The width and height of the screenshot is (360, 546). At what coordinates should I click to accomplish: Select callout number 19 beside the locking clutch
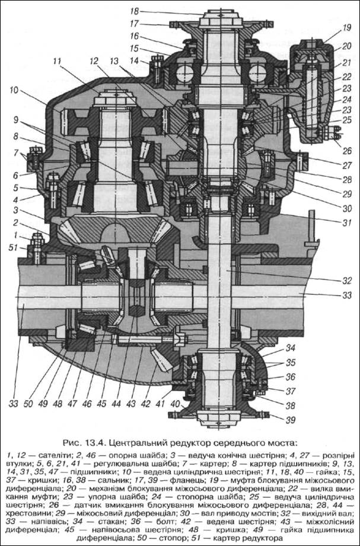pyautogui.click(x=346, y=27)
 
